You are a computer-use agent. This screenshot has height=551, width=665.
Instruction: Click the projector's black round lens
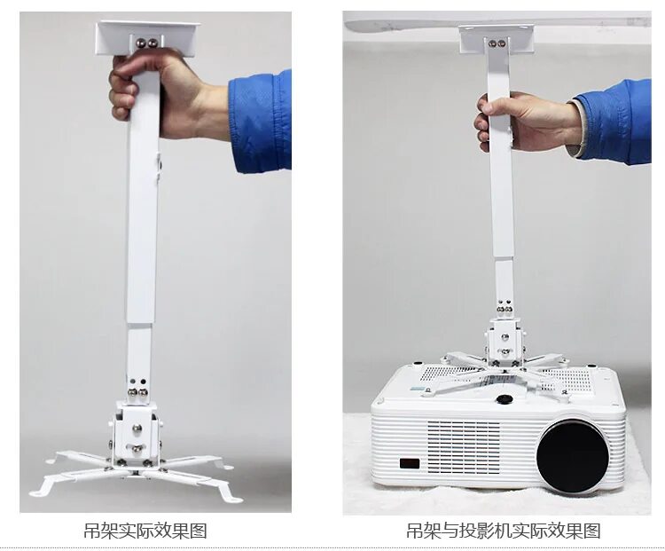point(573,455)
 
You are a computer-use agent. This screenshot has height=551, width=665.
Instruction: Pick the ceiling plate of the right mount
point(497,38)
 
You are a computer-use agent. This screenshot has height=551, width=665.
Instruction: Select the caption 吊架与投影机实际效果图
point(503,531)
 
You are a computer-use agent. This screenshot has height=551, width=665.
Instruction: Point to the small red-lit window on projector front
point(409,462)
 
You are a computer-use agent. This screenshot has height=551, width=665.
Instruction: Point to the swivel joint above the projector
point(504,342)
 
